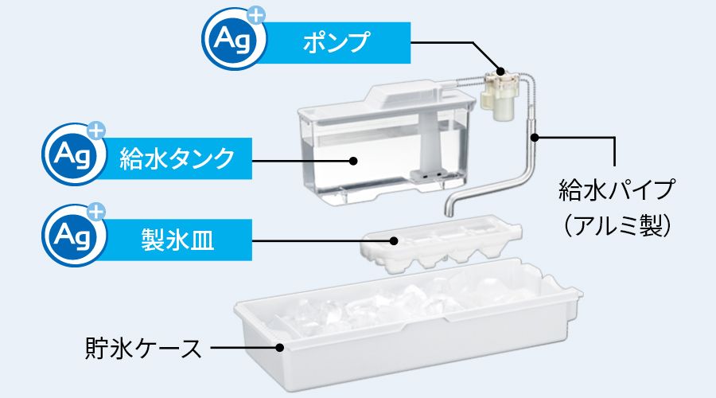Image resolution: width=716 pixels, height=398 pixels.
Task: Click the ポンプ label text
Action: click(336, 42)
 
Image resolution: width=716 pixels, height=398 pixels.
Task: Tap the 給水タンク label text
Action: click(177, 158)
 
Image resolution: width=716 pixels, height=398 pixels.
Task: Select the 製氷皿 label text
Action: click(177, 240)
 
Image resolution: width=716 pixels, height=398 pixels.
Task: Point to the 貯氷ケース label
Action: click(143, 348)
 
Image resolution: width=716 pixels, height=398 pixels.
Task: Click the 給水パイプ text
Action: click(617, 189)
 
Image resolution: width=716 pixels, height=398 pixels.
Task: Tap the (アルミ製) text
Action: click(617, 224)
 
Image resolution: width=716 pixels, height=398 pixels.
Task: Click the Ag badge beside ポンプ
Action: click(232, 39)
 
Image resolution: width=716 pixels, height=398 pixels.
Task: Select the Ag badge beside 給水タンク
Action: click(72, 154)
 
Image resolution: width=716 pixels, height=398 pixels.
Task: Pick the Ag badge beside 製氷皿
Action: click(72, 235)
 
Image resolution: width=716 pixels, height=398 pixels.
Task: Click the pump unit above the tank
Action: click(500, 94)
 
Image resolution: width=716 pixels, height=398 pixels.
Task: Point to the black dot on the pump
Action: click(500, 72)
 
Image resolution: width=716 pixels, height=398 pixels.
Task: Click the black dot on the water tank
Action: click(352, 160)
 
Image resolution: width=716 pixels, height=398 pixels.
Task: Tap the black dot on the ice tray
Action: click(393, 240)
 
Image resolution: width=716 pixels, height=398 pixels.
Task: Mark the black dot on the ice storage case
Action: click(280, 348)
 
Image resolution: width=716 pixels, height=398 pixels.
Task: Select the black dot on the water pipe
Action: click(535, 136)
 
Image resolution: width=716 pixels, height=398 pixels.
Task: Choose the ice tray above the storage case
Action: click(441, 244)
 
